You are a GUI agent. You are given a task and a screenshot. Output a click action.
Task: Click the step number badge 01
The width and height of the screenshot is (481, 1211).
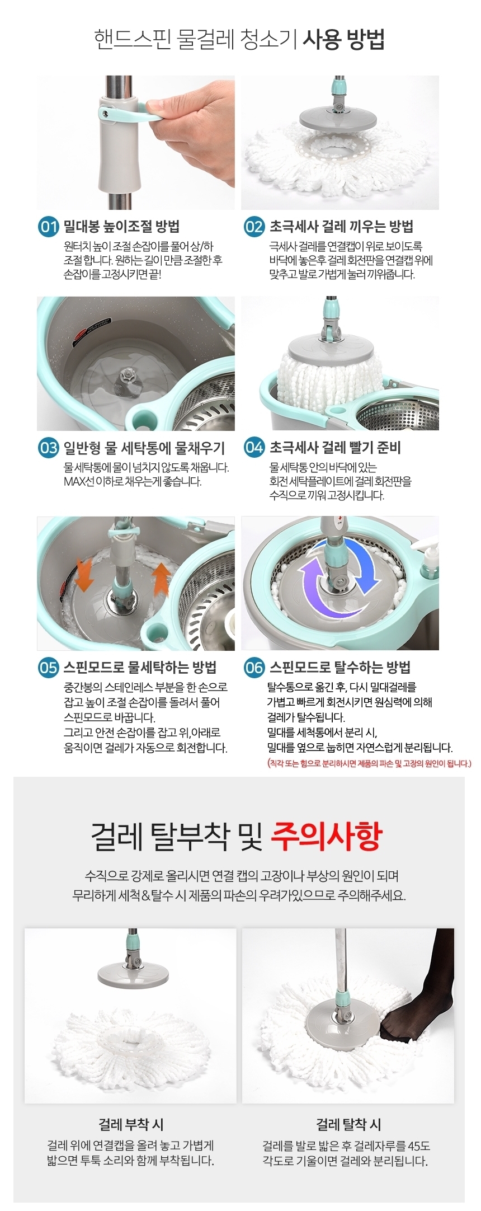[x=48, y=227]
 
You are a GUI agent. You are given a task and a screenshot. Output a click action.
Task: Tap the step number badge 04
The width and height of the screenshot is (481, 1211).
[x=254, y=448]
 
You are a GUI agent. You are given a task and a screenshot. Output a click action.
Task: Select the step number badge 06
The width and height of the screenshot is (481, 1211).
[x=254, y=668]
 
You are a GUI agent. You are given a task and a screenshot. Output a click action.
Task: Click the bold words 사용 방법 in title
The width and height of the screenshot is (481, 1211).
[x=343, y=40]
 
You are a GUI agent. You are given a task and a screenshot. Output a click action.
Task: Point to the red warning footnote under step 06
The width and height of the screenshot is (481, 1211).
[x=370, y=763]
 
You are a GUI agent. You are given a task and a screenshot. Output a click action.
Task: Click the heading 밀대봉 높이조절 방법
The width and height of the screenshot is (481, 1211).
[x=121, y=227]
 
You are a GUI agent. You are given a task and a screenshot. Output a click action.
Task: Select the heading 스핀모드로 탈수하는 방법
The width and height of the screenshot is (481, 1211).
[x=340, y=667]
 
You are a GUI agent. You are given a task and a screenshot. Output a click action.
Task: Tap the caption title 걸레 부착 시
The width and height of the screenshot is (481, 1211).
[x=131, y=1125]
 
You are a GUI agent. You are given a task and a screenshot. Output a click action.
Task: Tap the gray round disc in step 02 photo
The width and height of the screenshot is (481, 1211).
[x=337, y=119]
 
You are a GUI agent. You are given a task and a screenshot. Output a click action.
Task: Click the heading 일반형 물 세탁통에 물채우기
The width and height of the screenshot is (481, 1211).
[x=144, y=448]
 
